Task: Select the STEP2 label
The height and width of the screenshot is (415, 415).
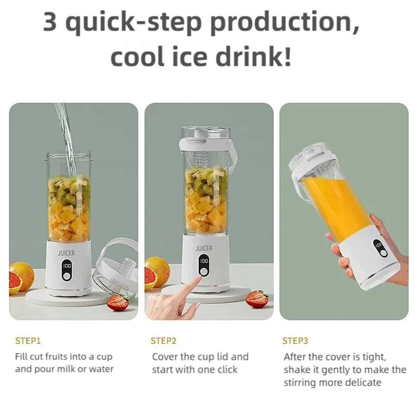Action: [x=163, y=341]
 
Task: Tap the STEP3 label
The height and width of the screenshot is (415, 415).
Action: [x=295, y=341]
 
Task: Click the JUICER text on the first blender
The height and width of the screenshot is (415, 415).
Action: [x=66, y=253]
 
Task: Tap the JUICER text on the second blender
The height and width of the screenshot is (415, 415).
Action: [x=204, y=248]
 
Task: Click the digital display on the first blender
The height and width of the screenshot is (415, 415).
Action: [x=67, y=266]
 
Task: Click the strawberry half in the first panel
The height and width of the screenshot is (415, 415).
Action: [x=118, y=302]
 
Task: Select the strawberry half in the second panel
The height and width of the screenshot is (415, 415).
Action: [x=257, y=299]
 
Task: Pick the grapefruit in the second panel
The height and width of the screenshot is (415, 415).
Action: [x=157, y=272]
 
